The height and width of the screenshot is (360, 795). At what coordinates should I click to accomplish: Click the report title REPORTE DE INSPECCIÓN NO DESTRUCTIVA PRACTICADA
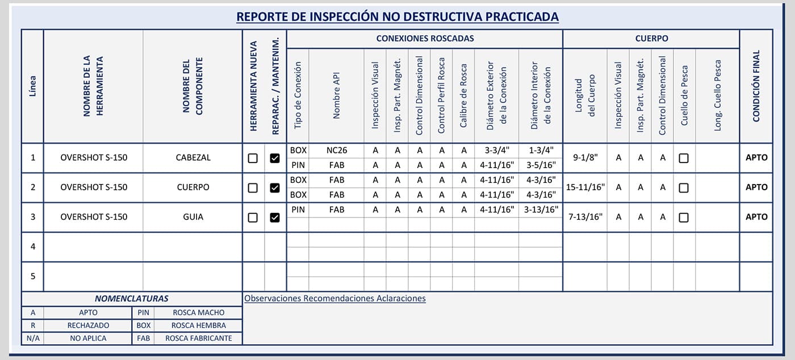(397, 16)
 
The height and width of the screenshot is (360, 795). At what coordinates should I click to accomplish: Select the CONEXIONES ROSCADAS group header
(425, 39)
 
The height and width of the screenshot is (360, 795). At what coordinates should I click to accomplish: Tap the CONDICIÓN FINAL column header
(756, 86)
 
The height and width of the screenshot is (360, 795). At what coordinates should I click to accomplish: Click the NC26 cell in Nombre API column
(337, 150)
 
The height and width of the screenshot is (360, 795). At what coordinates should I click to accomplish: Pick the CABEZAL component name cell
(193, 158)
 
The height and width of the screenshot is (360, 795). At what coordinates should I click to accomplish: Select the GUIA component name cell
(193, 217)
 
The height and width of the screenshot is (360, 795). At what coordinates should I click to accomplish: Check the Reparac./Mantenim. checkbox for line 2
(275, 188)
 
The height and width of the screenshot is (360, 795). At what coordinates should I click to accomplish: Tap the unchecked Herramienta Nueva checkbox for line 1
(253, 158)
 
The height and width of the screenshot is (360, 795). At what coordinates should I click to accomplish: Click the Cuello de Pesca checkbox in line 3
(684, 217)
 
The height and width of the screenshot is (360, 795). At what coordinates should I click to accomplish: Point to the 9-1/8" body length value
(585, 158)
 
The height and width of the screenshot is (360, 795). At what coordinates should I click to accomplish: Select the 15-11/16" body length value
(585, 187)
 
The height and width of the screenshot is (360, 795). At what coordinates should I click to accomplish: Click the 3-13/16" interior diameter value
(540, 210)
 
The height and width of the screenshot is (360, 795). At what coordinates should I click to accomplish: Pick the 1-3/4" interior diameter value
(540, 150)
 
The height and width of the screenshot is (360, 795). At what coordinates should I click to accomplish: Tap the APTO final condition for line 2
(756, 187)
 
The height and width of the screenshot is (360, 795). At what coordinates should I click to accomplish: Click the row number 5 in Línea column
(33, 277)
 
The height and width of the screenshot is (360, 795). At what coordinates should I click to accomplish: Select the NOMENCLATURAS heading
(131, 299)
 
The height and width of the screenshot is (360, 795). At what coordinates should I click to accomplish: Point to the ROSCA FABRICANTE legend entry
(198, 338)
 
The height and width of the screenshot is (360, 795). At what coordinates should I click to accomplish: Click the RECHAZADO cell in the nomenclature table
(88, 325)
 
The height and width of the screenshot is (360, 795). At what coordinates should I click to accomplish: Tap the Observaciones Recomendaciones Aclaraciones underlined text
(334, 298)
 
